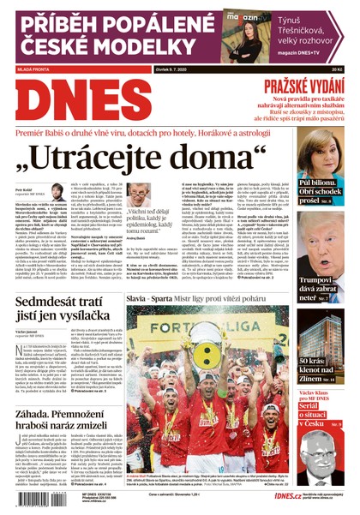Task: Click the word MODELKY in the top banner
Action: tap(94, 43)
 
